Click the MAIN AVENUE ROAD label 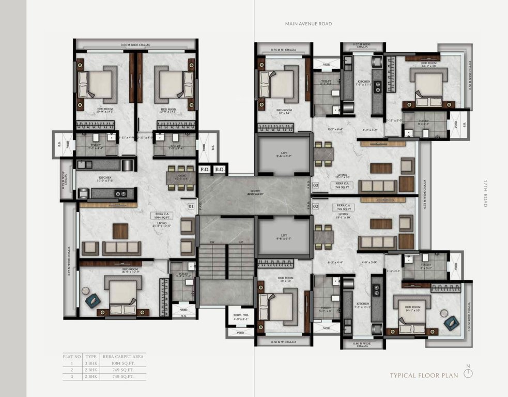click(308, 24)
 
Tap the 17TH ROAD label click(485, 193)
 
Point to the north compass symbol click(468, 374)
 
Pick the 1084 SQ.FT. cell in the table click(123, 363)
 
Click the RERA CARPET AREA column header click(123, 357)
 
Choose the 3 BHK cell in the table click(91, 363)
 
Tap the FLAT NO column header click(71, 357)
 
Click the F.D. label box click(205, 169)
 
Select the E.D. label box click(220, 169)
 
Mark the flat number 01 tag click(191, 206)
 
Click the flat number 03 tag click(315, 185)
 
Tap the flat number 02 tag click(315, 206)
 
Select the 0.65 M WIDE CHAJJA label click(135, 45)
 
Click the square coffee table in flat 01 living click(120, 231)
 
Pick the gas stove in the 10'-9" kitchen click(120, 194)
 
